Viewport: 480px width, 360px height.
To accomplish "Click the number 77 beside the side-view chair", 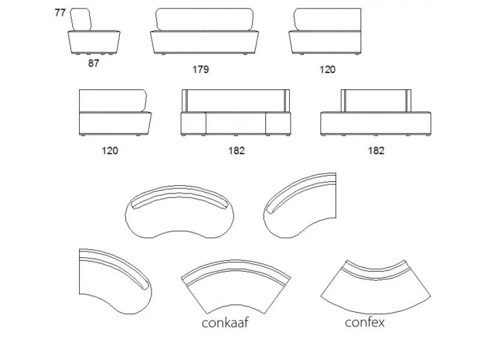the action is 61,13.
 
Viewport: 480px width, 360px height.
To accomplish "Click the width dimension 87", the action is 94,64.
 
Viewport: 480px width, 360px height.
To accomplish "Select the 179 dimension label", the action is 200,70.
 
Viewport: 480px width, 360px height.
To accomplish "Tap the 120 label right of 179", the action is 328,70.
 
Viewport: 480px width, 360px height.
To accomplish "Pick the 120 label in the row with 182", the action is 110,151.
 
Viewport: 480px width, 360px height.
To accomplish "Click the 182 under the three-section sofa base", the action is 236,151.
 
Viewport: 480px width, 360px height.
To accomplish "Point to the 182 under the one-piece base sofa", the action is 376,151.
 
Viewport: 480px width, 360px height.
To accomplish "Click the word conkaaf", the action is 225,323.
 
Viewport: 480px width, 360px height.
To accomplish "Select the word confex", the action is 365,322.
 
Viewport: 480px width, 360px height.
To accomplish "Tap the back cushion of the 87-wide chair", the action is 81,20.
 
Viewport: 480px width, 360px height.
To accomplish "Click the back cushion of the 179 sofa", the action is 205,20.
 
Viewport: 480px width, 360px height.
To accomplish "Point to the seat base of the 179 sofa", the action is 205,43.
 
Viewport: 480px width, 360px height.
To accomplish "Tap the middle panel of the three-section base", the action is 236,124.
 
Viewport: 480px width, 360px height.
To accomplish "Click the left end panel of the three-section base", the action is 193,124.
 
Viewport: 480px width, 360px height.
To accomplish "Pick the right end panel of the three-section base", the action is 278,124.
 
